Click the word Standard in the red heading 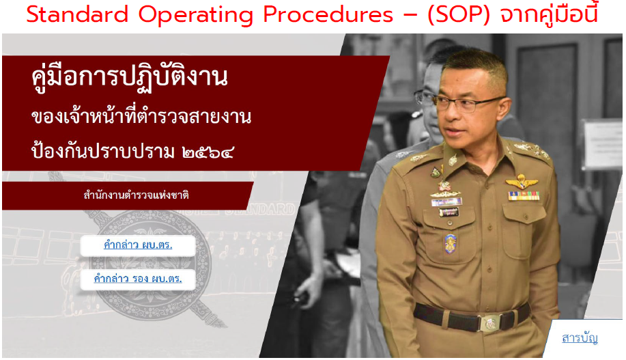[77, 15]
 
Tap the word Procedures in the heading [328, 15]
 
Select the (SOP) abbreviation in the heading [459, 15]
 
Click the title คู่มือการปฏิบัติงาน [130, 77]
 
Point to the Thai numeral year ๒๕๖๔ [208, 152]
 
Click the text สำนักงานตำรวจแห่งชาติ [136, 195]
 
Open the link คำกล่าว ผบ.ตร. [138, 245]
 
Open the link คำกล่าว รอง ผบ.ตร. [138, 279]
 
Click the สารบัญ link [580, 338]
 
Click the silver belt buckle [491, 322]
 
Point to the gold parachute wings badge [522, 182]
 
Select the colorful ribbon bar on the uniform [524, 195]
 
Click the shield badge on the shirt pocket [450, 243]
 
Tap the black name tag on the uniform [449, 212]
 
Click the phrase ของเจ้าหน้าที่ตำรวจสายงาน [141, 117]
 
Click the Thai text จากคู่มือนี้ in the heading [550, 15]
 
